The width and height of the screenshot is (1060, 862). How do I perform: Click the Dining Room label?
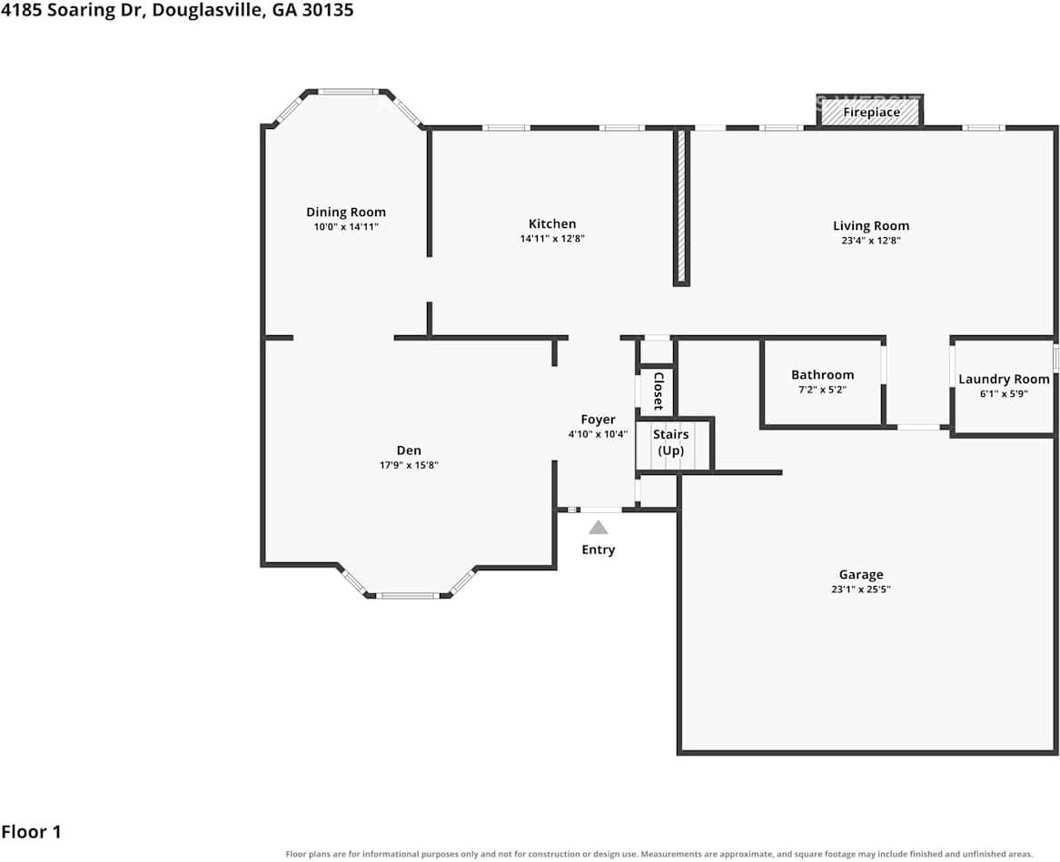click(x=346, y=213)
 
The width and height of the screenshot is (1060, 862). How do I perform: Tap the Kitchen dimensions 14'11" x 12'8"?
click(x=552, y=239)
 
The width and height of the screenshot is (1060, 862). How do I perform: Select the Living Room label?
click(x=871, y=226)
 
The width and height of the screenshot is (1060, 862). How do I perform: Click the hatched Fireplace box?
click(x=870, y=111)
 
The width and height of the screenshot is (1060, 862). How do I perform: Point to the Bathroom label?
click(x=823, y=374)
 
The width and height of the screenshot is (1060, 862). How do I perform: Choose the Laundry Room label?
click(x=1004, y=380)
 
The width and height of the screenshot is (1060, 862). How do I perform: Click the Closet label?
click(x=658, y=391)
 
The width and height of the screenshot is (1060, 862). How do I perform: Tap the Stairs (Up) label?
click(x=670, y=442)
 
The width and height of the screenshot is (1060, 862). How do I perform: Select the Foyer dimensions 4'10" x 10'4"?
click(x=598, y=435)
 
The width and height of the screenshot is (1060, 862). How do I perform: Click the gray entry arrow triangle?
click(x=599, y=528)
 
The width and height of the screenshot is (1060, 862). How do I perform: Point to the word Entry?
click(x=599, y=550)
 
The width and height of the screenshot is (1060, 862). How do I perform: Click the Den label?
click(x=409, y=451)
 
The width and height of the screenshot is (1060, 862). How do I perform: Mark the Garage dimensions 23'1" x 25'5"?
click(x=860, y=589)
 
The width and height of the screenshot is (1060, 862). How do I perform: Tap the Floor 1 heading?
click(x=31, y=832)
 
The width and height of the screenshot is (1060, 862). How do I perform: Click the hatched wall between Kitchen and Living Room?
click(x=681, y=207)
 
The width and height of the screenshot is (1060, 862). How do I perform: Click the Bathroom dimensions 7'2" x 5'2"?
click(x=823, y=390)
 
